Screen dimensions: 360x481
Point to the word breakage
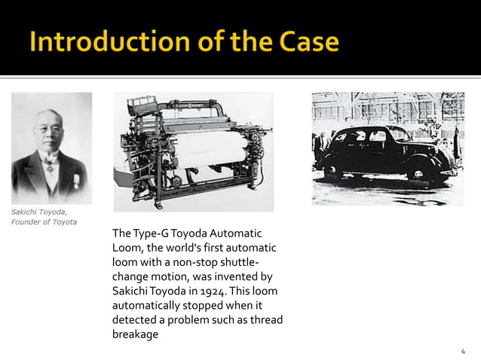135,334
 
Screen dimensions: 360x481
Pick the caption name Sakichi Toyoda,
39,212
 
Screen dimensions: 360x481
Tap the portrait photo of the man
51,148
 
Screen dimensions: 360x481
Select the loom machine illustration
193,151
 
